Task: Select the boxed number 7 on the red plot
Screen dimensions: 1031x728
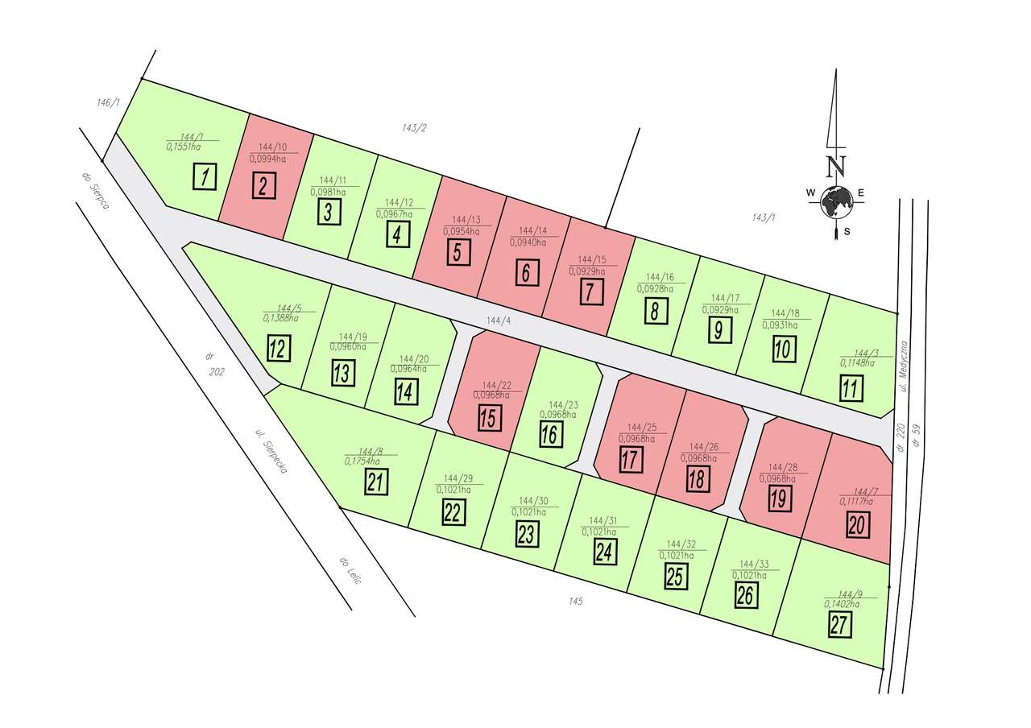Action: pyautogui.click(x=590, y=291)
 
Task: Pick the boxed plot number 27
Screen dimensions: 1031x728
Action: pyautogui.click(x=840, y=624)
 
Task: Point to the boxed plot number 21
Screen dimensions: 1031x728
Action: pyautogui.click(x=376, y=482)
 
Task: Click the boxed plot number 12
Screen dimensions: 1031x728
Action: pyautogui.click(x=279, y=349)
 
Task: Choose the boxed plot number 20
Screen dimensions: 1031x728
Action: pyautogui.click(x=858, y=524)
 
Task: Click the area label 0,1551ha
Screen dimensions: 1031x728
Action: pyautogui.click(x=184, y=147)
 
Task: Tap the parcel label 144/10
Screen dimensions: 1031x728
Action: pyautogui.click(x=273, y=147)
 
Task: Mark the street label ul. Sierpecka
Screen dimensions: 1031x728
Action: pyautogui.click(x=271, y=452)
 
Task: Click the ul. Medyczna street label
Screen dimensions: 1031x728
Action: pyautogui.click(x=905, y=366)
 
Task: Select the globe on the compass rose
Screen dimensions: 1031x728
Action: pyautogui.click(x=837, y=201)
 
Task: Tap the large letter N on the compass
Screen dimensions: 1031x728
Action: pyautogui.click(x=837, y=167)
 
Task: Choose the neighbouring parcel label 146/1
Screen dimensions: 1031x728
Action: pyautogui.click(x=107, y=102)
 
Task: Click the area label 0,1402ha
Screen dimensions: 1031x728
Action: pyautogui.click(x=842, y=603)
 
